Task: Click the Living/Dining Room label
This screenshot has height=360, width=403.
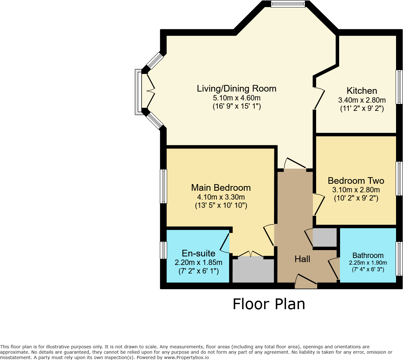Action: coord(236,89)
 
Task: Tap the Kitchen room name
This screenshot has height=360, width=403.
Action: coord(362,91)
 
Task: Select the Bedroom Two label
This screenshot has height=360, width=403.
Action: coord(356,181)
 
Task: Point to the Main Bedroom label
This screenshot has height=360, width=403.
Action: coord(221,188)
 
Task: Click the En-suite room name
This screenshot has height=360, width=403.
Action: coord(198,254)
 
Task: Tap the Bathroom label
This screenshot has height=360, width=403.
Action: coord(368,255)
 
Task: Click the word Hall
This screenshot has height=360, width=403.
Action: coord(302,259)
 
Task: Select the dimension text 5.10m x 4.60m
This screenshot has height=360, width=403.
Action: coord(237,98)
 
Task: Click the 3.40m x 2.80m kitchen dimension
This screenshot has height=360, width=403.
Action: coord(362,100)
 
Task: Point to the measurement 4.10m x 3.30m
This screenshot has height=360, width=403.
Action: coord(221,197)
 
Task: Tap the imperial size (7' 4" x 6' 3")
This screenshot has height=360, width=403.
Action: coord(368,269)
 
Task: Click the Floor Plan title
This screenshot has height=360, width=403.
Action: coord(269,304)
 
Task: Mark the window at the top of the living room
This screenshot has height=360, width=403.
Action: coord(288,4)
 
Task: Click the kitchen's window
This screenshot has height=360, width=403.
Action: coord(399,87)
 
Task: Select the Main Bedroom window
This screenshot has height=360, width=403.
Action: coord(163,186)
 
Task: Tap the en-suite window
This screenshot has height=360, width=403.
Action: coord(163,250)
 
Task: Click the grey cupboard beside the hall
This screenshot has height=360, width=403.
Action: coord(325,237)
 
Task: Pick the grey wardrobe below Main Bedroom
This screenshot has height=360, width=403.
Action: coord(253,270)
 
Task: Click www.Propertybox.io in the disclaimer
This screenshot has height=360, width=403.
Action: coord(186,357)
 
